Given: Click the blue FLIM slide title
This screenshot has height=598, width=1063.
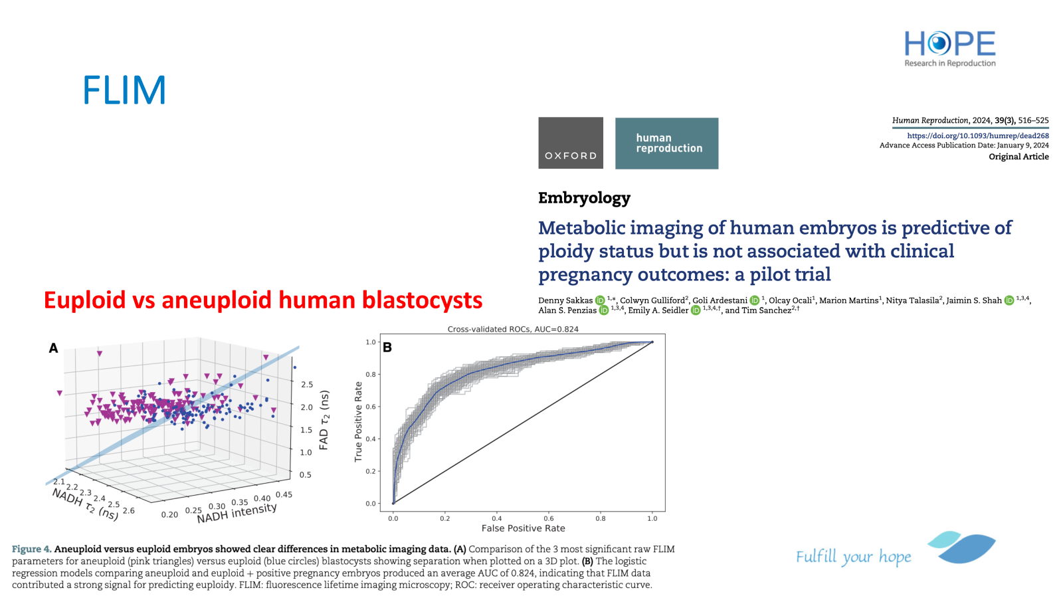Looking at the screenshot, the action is [x=124, y=90].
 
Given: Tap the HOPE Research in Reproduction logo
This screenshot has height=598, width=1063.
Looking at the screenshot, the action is [x=950, y=49].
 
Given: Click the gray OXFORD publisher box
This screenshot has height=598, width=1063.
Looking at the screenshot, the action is [x=571, y=143].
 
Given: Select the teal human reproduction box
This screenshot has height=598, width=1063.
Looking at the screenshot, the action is [x=667, y=144].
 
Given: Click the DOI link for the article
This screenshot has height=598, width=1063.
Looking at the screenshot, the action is [x=978, y=136].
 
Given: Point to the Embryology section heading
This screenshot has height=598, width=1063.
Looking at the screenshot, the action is [x=584, y=197].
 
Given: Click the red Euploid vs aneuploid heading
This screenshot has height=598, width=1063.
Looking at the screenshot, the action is [x=263, y=300].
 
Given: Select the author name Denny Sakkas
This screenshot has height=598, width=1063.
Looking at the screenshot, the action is [x=565, y=300].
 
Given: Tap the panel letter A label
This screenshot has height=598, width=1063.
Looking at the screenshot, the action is [x=53, y=348].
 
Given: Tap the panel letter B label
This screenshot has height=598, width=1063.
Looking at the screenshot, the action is [x=387, y=348].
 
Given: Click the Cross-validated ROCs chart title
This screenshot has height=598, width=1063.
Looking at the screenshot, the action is [x=513, y=329].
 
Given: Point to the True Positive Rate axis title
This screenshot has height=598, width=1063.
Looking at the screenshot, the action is [x=358, y=422].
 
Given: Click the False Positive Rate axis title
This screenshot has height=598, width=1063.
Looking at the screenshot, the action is [x=523, y=528].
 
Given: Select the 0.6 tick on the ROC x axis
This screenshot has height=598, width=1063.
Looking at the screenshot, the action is [x=549, y=518].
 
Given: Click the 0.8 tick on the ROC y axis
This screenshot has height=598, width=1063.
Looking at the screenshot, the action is [x=371, y=375].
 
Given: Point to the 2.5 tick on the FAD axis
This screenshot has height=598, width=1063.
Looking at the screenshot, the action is [x=307, y=385].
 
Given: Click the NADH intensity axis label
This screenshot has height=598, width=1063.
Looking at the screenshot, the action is [x=237, y=513].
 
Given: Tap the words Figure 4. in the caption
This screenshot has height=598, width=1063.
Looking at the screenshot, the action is [x=31, y=549].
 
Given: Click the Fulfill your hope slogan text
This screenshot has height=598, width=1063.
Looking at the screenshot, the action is [x=853, y=557].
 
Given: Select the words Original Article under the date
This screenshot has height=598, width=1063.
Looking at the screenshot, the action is [x=1018, y=157].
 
